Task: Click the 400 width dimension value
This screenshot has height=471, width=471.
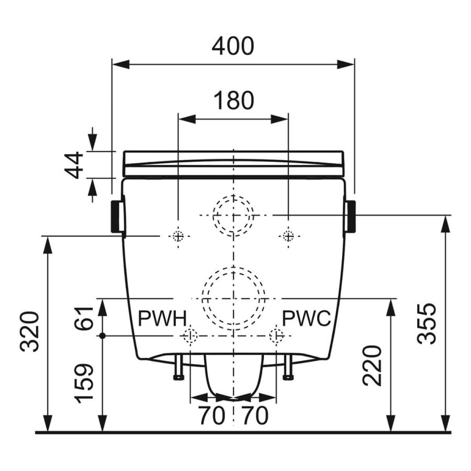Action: click(233, 46)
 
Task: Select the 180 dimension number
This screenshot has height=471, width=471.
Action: click(233, 100)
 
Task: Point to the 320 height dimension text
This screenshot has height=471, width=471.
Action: click(30, 331)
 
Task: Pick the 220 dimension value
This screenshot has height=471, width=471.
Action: click(372, 365)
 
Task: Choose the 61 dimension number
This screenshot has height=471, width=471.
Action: click(84, 318)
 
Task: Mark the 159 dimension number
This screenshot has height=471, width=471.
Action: click(84, 384)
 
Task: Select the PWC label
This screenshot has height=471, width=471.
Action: click(307, 318)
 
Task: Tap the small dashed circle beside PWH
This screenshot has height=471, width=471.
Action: click(189, 335)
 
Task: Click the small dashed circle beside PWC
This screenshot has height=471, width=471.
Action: click(276, 335)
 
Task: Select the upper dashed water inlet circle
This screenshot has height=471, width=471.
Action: click(233, 215)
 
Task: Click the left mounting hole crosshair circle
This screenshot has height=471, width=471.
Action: click(178, 236)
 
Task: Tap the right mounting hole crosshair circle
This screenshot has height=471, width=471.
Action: click(288, 236)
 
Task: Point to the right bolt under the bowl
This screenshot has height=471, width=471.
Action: click(287, 367)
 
